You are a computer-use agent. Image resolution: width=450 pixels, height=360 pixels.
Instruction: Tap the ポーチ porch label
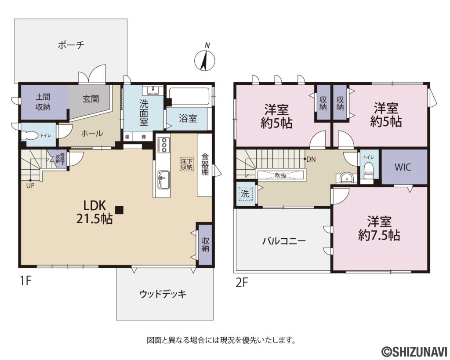70,45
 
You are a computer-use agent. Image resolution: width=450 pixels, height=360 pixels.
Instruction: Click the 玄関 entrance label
91,99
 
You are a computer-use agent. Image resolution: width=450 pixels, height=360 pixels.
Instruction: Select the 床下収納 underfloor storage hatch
186,164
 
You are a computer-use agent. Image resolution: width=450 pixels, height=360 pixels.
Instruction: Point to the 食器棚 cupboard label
205,164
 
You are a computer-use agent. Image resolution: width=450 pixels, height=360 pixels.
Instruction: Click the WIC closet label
403,167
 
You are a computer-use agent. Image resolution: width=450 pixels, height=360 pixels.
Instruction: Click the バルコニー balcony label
284,241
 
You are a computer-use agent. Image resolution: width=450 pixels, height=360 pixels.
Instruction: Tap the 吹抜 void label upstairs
281,175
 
